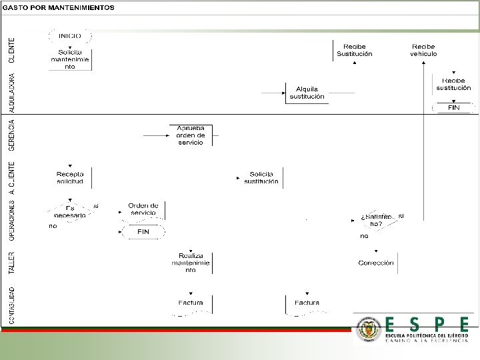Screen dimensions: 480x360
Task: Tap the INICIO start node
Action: coord(70,36)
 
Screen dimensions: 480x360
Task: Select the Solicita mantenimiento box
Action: coord(70,59)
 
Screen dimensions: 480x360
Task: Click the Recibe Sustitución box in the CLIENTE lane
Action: coord(355,50)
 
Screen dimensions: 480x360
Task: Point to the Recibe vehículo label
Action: coord(423,50)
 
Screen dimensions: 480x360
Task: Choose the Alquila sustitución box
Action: coord(307,93)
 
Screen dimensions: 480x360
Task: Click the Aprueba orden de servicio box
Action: coord(190,135)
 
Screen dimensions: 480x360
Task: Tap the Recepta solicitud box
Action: coord(70,177)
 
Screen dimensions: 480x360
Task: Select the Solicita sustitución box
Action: coord(261,177)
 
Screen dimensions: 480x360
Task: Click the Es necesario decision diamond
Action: coord(70,213)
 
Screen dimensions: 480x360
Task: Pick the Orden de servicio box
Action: coord(143,209)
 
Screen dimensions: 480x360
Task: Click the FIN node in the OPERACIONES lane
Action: coord(143,231)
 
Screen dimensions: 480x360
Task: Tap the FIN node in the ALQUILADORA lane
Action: coord(453,107)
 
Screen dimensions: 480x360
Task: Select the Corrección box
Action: coord(376,263)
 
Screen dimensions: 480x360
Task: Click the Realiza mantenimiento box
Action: coord(190,263)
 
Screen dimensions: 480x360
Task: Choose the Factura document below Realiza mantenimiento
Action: coord(190,303)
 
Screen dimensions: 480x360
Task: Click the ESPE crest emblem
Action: coord(368,329)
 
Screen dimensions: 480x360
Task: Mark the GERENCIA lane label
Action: coord(12,135)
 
